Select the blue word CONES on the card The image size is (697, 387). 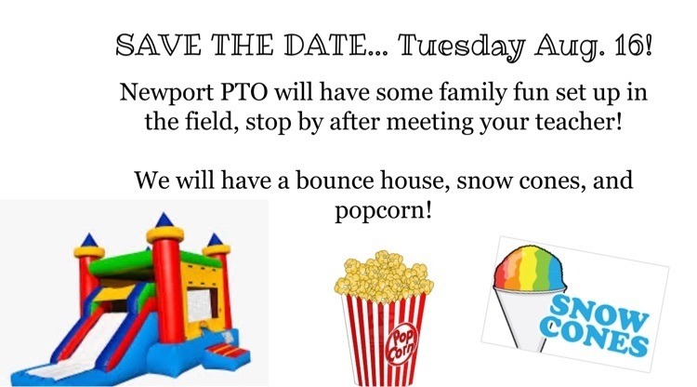coord(594,337)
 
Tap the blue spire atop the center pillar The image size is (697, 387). coord(164,220)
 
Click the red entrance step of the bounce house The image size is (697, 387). coord(229,350)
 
